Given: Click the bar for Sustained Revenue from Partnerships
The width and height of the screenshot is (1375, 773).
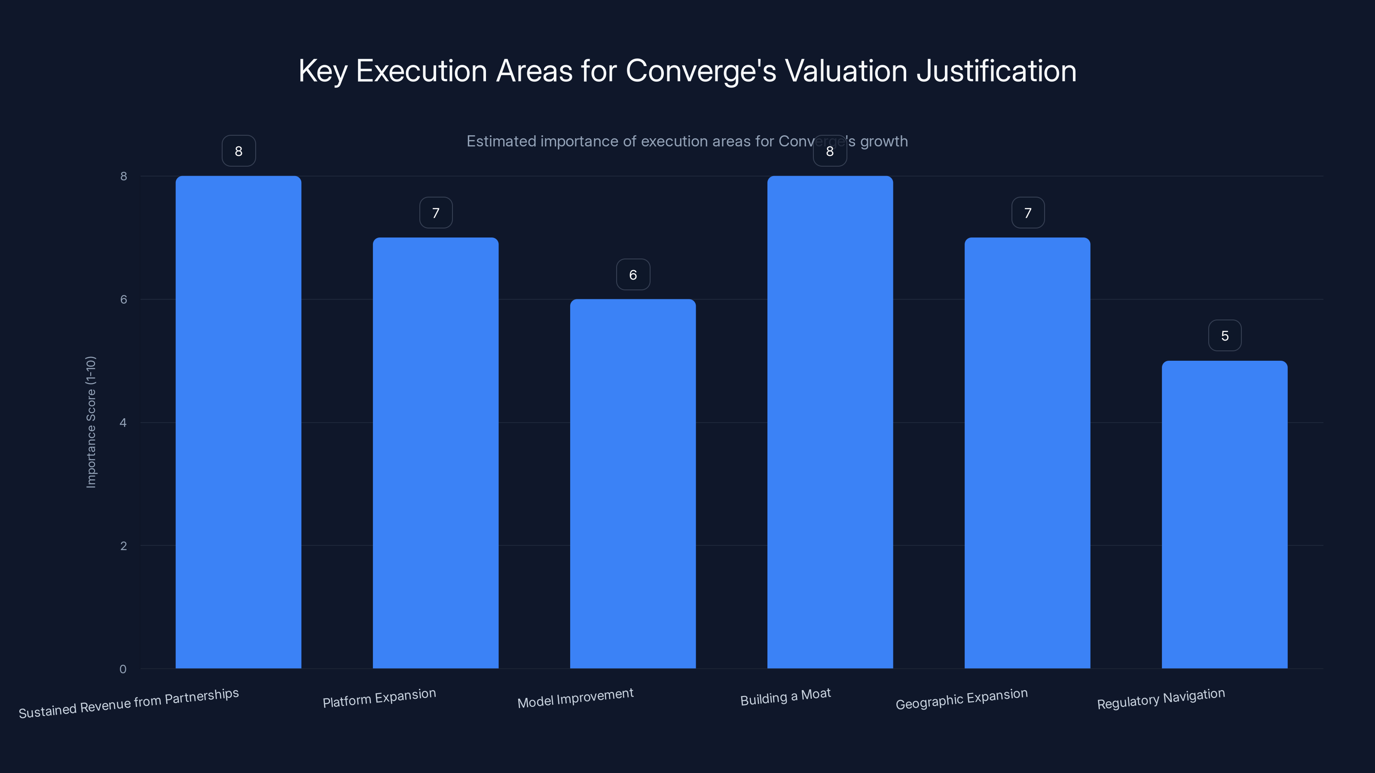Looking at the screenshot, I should [238, 421].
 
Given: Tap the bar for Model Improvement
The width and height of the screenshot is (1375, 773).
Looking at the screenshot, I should [632, 483].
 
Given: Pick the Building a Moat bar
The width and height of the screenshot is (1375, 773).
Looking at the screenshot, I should [830, 421].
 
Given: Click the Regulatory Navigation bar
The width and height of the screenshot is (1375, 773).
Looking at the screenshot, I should [1225, 514].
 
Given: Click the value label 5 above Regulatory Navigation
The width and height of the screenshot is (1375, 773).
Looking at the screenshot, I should [1225, 335].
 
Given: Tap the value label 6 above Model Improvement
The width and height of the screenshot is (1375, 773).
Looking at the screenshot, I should [632, 275].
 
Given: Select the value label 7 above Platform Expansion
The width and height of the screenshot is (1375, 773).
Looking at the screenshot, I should [436, 213].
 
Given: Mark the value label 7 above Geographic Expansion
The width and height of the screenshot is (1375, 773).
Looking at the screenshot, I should [1027, 213].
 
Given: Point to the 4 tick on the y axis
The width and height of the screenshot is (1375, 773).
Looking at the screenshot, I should [123, 423].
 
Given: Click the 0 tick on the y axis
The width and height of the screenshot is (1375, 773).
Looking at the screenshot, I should [123, 669].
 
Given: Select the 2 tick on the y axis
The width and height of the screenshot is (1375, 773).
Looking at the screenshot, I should [123, 546].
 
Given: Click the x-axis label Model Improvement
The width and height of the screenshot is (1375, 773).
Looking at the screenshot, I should [575, 698].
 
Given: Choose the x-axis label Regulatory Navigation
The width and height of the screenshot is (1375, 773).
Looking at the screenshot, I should [1161, 698].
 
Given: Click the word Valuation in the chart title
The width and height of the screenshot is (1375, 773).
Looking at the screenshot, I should [846, 71].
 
